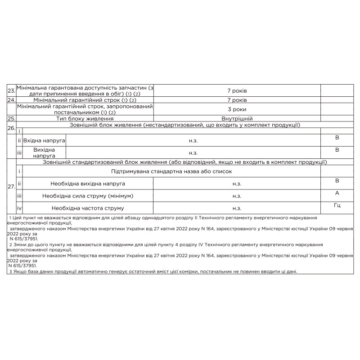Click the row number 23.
point(12,90)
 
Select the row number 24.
point(12,99)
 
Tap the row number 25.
point(12,118)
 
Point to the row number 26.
point(12,128)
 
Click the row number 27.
point(12,187)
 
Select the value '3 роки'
point(237,109)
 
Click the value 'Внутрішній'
point(237,118)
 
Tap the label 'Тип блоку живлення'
point(85,118)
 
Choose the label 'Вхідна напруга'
point(44,141)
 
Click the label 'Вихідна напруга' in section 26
point(44,153)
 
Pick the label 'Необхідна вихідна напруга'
point(88,184)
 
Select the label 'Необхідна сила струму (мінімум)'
point(88,196)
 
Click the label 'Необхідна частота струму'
point(88,208)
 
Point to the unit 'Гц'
point(337,205)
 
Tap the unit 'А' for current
point(337,193)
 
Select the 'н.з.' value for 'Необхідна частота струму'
point(237,208)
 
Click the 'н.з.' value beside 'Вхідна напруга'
point(193,141)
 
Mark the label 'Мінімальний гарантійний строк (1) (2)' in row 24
point(85,99)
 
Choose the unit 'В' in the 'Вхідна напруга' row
point(337,138)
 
